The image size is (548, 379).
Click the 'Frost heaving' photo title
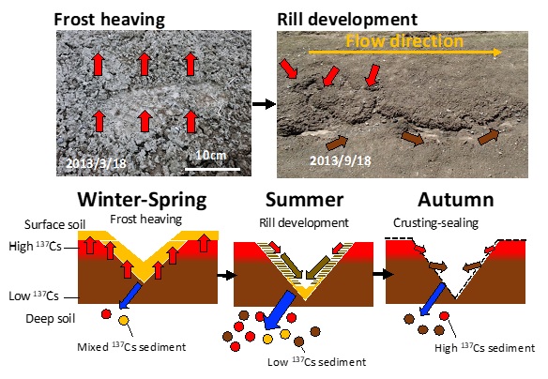(x=109, y=20)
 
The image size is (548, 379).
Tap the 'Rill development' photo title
(x=347, y=19)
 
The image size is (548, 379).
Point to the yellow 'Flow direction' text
(x=404, y=41)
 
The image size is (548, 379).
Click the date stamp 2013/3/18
(x=96, y=163)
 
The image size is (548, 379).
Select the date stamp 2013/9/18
(x=340, y=160)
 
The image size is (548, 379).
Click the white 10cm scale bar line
(x=212, y=170)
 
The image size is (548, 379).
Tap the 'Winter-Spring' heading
(x=142, y=200)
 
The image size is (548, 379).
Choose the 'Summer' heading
(x=304, y=200)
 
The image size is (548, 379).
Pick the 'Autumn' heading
(x=456, y=200)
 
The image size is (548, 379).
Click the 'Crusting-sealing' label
(x=435, y=223)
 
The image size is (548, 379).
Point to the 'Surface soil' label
(x=54, y=224)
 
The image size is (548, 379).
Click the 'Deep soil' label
(x=51, y=319)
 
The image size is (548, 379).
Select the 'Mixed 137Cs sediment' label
(x=131, y=347)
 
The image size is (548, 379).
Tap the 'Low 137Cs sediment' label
(x=316, y=361)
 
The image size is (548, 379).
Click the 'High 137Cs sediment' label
(x=485, y=347)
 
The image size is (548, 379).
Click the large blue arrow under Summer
(x=280, y=310)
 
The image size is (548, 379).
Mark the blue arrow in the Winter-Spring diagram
(x=130, y=296)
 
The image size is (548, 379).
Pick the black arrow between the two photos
(x=264, y=104)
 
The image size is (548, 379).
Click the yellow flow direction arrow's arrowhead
(x=497, y=53)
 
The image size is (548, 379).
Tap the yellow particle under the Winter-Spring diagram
(x=123, y=320)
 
